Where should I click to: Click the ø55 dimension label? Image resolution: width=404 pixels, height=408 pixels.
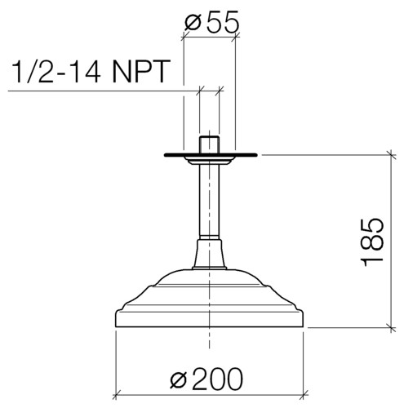pyautogui.click(x=212, y=21)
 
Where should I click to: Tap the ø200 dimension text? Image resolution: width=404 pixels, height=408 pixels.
pyautogui.click(x=206, y=379)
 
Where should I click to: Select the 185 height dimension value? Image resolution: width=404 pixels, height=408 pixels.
pyautogui.click(x=371, y=242)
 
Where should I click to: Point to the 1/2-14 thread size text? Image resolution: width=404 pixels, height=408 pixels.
pyautogui.click(x=56, y=71)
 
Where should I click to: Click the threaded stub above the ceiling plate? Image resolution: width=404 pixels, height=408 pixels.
pyautogui.click(x=209, y=144)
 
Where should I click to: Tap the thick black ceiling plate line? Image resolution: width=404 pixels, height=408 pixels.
pyautogui.click(x=211, y=155)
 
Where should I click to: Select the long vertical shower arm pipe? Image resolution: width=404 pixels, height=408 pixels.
pyautogui.click(x=209, y=202)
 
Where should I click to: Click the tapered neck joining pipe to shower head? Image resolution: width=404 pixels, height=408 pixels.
pyautogui.click(x=209, y=255)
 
